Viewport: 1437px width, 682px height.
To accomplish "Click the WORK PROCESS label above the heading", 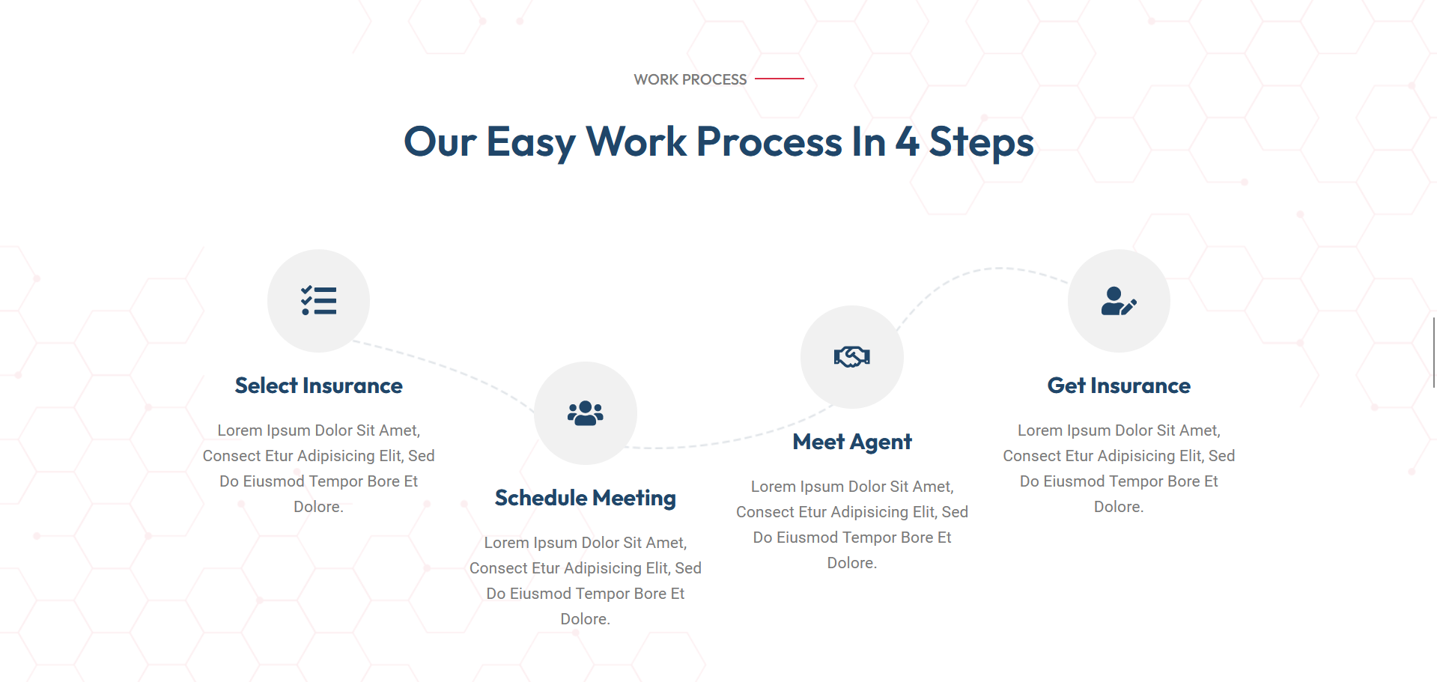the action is coord(690,79).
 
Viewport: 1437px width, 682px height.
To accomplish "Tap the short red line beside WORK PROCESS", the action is coord(779,78).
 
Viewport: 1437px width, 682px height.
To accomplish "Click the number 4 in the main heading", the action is coord(908,141).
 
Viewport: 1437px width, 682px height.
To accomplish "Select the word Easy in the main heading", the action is coord(531,142).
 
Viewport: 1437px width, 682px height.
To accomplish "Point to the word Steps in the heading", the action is coord(981,142).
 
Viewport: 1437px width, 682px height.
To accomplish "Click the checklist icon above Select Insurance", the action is coord(318,301).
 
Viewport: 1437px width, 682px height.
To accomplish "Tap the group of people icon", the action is coord(586,413).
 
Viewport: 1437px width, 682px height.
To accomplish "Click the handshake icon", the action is coord(852,357).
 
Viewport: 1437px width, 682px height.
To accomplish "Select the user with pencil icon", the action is coord(1119,301).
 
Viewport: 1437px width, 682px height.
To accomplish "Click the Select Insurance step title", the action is coord(318,386).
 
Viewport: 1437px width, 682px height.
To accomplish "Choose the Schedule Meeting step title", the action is coord(586,498).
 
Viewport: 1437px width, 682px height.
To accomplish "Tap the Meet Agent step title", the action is coord(852,442).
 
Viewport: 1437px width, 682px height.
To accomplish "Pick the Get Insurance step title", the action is coord(1119,386).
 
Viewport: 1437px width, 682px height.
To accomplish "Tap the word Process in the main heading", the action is coord(769,142).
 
